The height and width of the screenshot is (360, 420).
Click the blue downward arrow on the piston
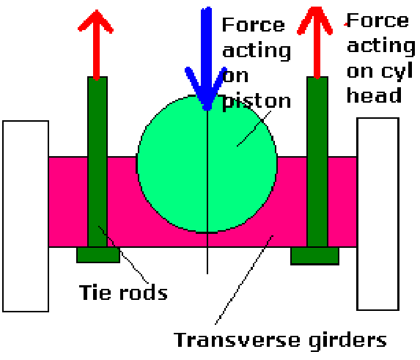click(x=207, y=59)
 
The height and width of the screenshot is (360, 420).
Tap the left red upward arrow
click(x=97, y=45)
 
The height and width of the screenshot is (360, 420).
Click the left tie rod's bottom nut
click(x=98, y=254)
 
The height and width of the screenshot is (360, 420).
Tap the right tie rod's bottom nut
click(x=314, y=256)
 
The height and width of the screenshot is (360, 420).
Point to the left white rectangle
click(x=26, y=216)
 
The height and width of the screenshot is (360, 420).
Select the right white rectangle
click(x=378, y=214)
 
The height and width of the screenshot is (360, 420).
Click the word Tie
click(x=95, y=293)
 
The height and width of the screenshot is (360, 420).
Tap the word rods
click(x=144, y=293)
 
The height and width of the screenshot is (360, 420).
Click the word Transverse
click(x=237, y=340)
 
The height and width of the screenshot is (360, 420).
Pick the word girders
click(x=347, y=341)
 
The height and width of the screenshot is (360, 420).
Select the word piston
click(x=257, y=103)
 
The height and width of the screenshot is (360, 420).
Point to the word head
click(x=375, y=95)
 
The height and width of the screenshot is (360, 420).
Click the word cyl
click(x=397, y=71)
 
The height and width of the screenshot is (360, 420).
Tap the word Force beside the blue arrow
click(x=254, y=25)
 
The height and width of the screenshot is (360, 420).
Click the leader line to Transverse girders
click(x=244, y=280)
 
